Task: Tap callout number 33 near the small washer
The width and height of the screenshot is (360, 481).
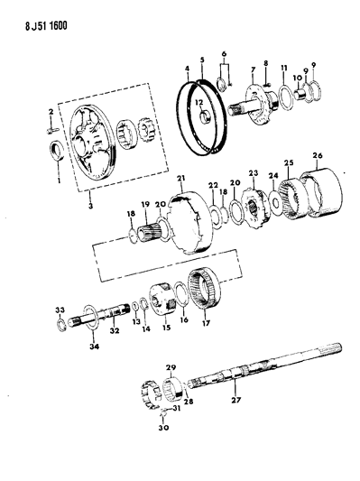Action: (60, 310)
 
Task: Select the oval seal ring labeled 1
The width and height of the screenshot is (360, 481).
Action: (53, 149)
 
